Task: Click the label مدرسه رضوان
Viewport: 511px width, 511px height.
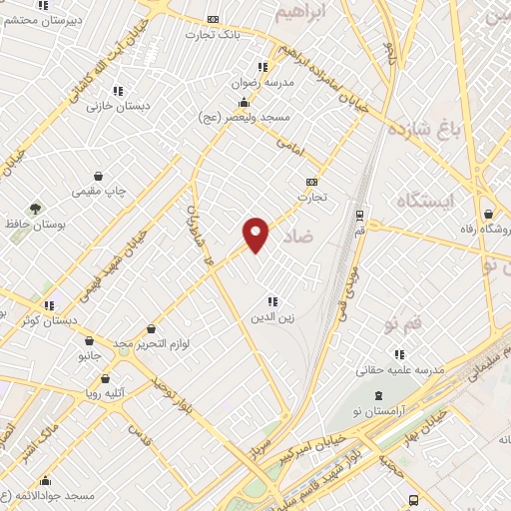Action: (x=264, y=84)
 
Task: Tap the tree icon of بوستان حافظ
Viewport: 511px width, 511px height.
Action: (x=36, y=210)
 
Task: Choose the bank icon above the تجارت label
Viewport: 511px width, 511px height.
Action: (x=312, y=182)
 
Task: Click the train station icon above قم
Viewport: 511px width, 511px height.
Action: (x=359, y=214)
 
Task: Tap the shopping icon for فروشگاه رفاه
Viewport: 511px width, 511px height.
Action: (x=488, y=214)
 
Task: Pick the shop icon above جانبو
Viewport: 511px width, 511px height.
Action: (x=89, y=340)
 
